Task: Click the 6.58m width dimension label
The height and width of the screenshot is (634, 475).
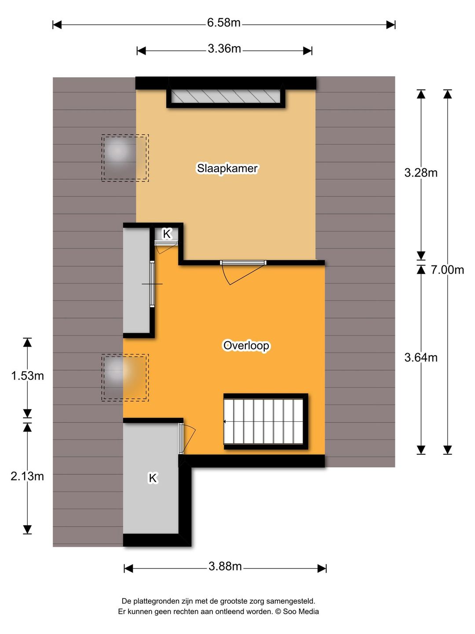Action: [223, 22]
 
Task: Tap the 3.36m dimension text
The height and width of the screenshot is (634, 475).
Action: [224, 48]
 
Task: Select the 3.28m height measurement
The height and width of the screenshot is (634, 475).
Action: [421, 173]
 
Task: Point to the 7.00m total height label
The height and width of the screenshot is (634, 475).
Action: [447, 270]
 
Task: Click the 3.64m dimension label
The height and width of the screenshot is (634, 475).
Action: [421, 358]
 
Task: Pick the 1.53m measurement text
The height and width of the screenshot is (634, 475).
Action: [27, 376]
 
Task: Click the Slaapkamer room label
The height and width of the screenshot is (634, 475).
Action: [227, 168]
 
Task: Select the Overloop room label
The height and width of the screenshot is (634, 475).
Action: [246, 346]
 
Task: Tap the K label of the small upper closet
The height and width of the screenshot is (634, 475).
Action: [167, 234]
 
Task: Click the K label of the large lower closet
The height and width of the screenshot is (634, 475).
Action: [153, 478]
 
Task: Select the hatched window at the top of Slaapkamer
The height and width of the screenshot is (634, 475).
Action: [226, 96]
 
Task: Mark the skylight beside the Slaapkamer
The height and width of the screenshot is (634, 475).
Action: [125, 158]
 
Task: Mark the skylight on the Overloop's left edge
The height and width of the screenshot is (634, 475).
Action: [125, 377]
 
